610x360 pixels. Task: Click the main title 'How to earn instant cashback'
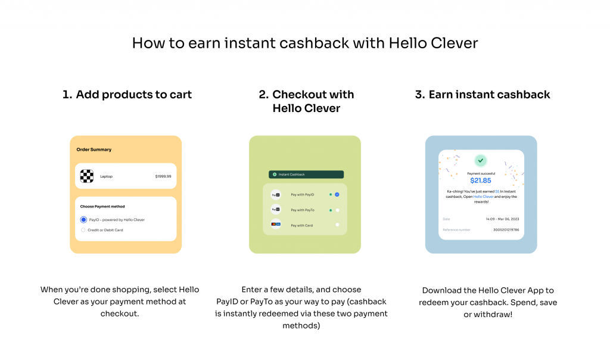click(x=304, y=43)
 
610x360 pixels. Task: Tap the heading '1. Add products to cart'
click(x=127, y=94)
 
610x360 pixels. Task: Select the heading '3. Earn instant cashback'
click(x=483, y=94)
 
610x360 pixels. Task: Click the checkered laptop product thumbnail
click(x=87, y=176)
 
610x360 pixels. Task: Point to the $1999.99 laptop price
click(x=163, y=176)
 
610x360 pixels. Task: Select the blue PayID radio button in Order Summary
click(x=83, y=220)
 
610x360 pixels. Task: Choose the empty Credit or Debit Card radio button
click(x=83, y=229)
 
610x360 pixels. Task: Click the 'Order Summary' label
click(x=94, y=150)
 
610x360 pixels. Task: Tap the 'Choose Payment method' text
click(x=102, y=206)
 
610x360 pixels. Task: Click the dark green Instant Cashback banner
click(x=306, y=175)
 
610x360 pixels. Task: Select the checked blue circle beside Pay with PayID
click(x=337, y=194)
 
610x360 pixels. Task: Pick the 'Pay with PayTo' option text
click(x=302, y=210)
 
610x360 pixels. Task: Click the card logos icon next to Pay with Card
click(x=276, y=225)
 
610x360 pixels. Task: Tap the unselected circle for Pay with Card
click(x=337, y=225)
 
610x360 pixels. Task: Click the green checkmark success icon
click(x=481, y=160)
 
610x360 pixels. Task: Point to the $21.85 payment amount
click(x=481, y=181)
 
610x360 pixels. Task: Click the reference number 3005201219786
click(x=506, y=229)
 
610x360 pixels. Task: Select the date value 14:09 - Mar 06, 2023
click(x=502, y=219)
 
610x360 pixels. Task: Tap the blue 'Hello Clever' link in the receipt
click(x=483, y=197)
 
